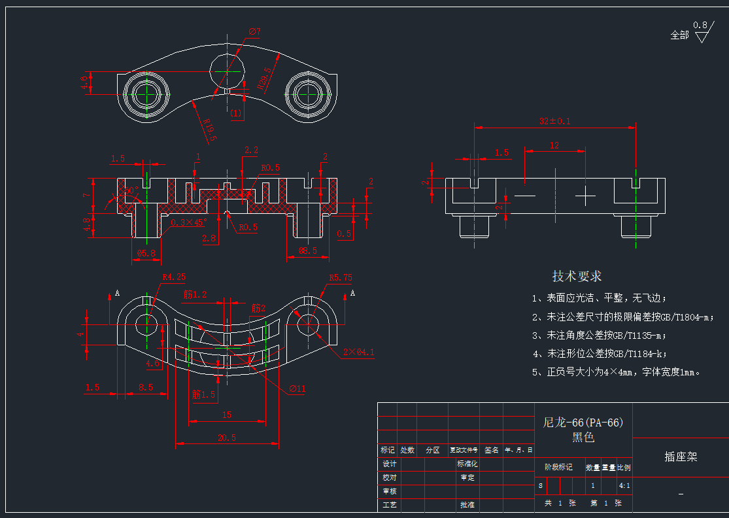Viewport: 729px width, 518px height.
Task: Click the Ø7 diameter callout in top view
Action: coord(254,31)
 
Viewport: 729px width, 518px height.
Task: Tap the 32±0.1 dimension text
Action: coord(554,121)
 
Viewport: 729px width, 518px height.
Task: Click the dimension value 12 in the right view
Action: coord(554,146)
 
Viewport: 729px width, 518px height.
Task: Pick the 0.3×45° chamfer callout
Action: coord(188,223)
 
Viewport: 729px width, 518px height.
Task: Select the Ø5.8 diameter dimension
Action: coord(146,252)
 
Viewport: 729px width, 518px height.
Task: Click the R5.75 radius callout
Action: coord(340,277)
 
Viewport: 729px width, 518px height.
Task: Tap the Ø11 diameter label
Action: coord(297,389)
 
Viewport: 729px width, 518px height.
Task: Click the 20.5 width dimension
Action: coord(226,438)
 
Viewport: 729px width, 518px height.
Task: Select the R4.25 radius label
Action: coord(173,277)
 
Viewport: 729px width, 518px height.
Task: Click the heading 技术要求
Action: coord(577,276)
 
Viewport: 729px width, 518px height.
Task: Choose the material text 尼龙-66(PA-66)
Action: coord(583,423)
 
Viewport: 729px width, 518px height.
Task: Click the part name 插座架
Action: coord(681,457)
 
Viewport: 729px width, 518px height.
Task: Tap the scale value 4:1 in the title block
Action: coord(624,486)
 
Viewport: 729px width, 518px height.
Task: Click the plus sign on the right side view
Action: coord(585,196)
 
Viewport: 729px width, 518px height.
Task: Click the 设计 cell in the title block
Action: coord(389,464)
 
